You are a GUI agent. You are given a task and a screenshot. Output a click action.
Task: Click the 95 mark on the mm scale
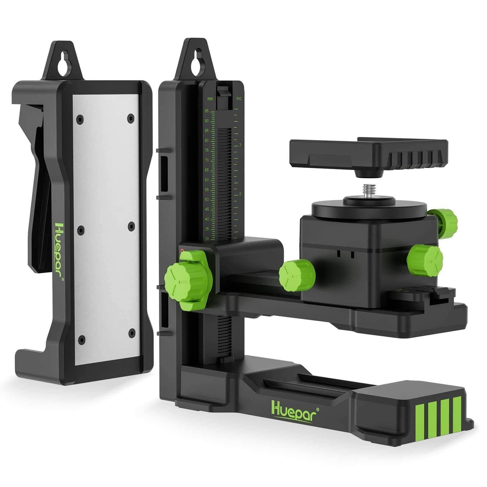tap(207, 111)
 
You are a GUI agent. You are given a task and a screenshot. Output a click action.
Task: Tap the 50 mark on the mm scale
tap(207, 199)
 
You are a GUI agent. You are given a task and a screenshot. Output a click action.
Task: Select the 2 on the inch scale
tap(240, 194)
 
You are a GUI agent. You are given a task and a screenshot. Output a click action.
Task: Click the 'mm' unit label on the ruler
tap(210, 99)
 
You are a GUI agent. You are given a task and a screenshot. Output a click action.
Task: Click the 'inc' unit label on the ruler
tap(239, 99)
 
